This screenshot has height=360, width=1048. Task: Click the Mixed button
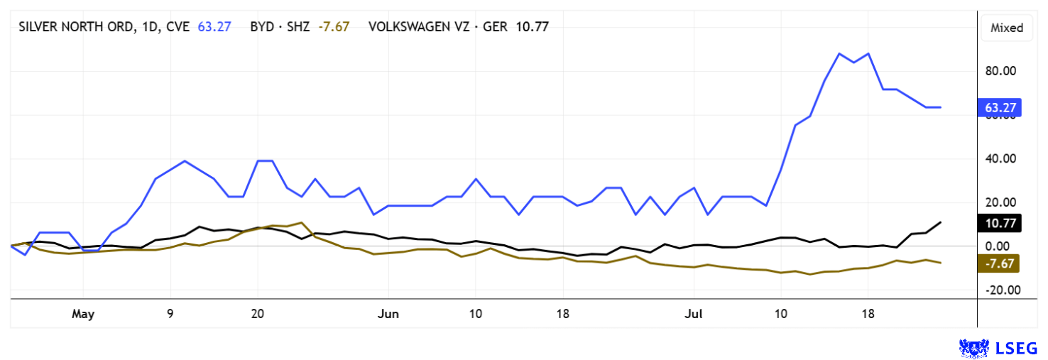click(1007, 28)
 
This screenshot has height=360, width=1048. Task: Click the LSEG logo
click(998, 348)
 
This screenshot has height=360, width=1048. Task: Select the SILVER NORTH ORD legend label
click(104, 27)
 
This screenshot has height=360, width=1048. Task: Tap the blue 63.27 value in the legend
click(215, 27)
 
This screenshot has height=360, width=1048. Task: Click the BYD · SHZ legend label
click(280, 27)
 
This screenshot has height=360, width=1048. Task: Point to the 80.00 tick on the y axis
click(1001, 71)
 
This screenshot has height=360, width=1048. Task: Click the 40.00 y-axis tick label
click(1001, 158)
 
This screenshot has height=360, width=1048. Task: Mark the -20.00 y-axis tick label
click(1001, 290)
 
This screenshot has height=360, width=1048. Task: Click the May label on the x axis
click(83, 313)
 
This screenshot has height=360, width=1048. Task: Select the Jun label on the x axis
click(388, 313)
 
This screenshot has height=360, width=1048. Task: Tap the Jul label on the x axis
click(693, 313)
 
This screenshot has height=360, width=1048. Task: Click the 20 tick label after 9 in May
click(258, 313)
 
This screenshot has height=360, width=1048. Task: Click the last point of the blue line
click(941, 107)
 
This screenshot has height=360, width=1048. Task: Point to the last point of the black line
click(941, 222)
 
